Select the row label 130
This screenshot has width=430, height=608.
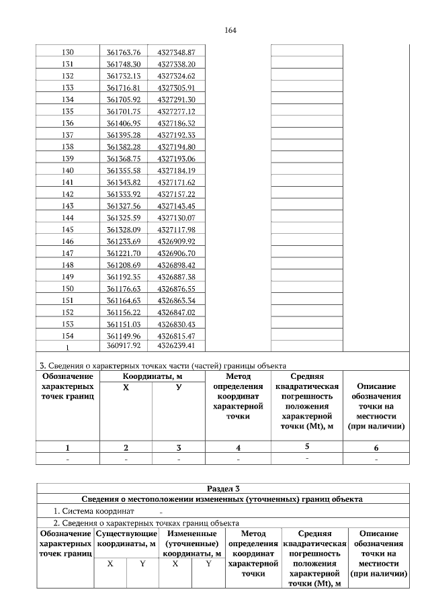67,52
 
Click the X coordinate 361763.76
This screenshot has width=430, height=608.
124,52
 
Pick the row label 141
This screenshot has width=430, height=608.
67,182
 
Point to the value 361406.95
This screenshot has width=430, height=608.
124,123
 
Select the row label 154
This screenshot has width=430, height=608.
67,335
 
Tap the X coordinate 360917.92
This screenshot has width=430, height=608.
124,346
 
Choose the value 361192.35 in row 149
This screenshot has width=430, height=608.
124,277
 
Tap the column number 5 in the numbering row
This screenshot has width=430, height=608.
306,446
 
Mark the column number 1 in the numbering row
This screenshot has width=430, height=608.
67,447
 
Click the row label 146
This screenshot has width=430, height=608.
67,241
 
